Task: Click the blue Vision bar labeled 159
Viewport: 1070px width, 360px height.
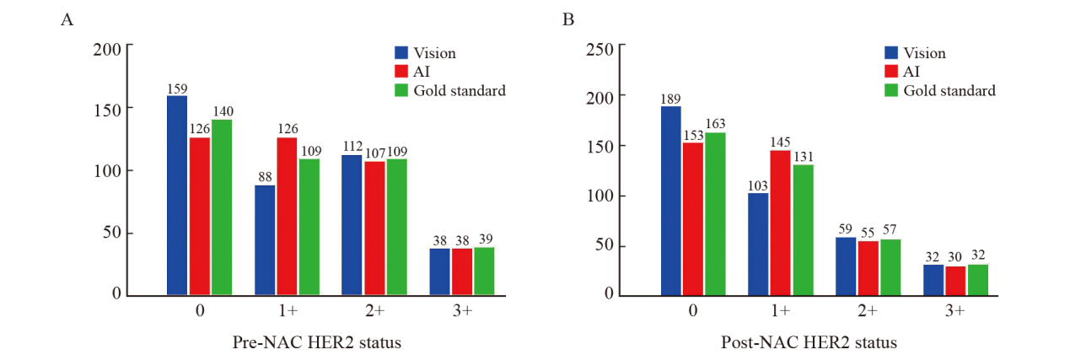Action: tap(177, 196)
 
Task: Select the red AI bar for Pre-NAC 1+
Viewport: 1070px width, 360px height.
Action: tap(288, 217)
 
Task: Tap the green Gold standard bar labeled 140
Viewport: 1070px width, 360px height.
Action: tap(222, 207)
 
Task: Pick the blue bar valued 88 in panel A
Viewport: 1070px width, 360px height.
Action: tap(265, 240)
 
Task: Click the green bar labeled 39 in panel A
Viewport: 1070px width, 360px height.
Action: tap(484, 271)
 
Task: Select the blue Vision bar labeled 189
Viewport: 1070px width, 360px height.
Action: tap(671, 201)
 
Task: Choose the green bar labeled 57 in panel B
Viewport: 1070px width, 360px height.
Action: tap(890, 267)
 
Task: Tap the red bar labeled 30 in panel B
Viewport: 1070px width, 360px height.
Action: tap(956, 281)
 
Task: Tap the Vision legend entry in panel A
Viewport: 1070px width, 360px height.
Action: tap(426, 53)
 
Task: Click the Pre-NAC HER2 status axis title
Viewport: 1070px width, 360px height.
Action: tap(316, 343)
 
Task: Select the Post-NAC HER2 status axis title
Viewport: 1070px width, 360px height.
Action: tap(809, 343)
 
